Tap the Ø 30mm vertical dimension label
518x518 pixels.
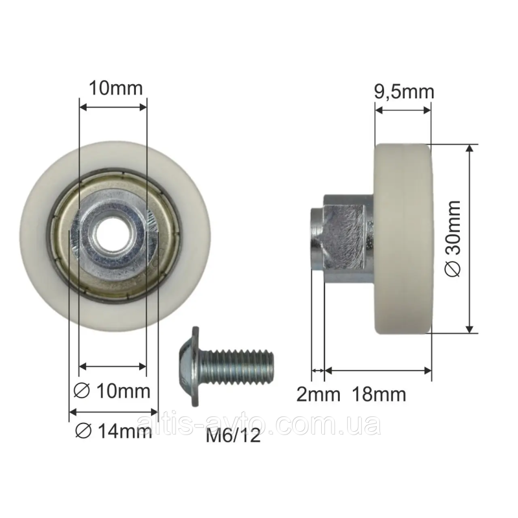453,238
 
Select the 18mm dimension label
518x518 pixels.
379,394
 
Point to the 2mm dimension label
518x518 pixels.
318,394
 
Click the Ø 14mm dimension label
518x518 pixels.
114,431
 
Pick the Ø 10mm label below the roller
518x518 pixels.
111,391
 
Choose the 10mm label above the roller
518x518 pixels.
116,88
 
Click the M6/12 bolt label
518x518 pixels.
233,436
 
